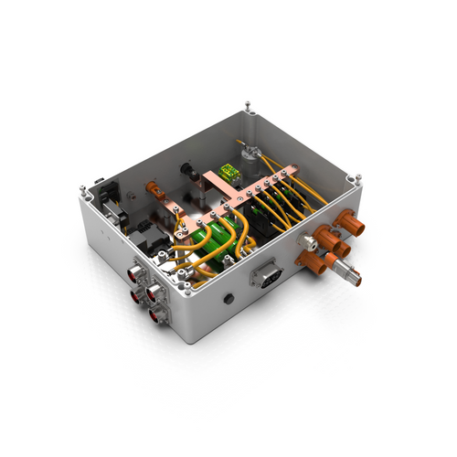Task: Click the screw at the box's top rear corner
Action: pos(249,103)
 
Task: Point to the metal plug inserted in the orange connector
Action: pos(347,271)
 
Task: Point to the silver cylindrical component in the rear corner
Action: pos(250,152)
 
